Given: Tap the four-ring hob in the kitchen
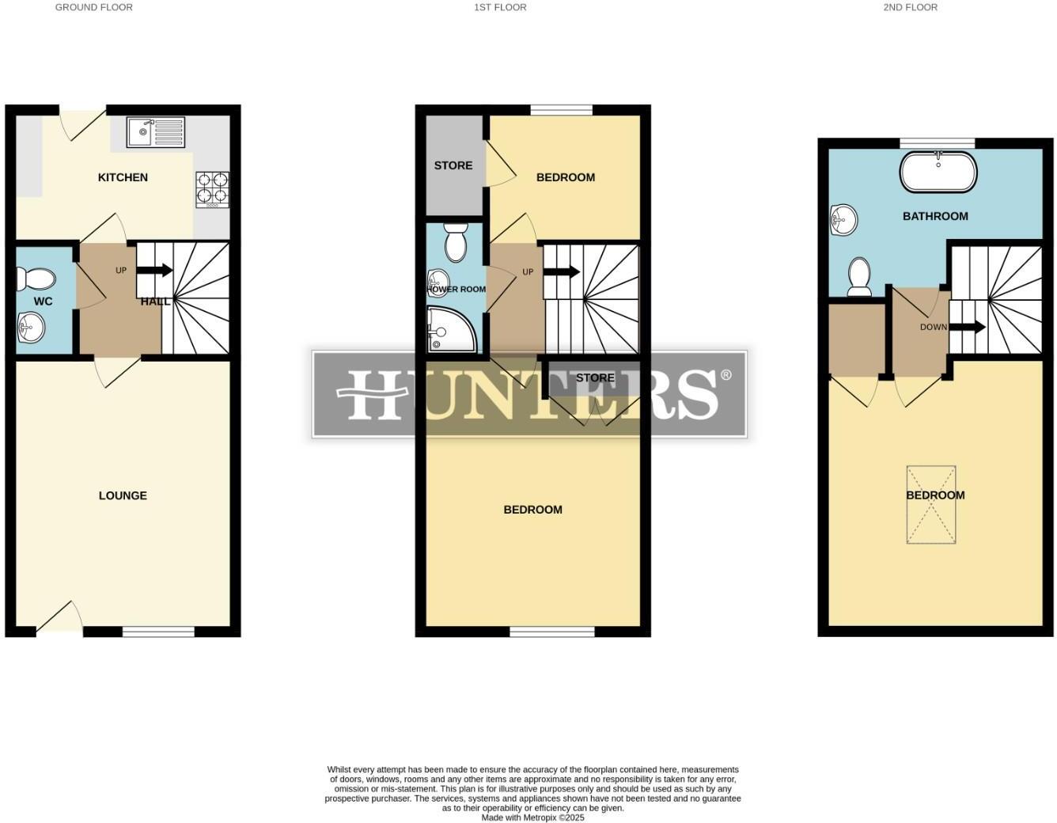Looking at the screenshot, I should pyautogui.click(x=212, y=189).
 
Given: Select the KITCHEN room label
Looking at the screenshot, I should pyautogui.click(x=123, y=177).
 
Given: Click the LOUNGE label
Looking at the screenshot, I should pyautogui.click(x=123, y=495).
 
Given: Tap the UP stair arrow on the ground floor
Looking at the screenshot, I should pyautogui.click(x=155, y=270).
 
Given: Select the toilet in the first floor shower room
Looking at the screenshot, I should pyautogui.click(x=456, y=241).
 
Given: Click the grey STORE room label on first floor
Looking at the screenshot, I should pyautogui.click(x=453, y=165).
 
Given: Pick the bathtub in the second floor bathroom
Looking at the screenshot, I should pyautogui.click(x=938, y=172).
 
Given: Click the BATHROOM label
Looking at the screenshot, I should pyautogui.click(x=935, y=216).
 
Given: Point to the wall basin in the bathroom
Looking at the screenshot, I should pyautogui.click(x=843, y=219).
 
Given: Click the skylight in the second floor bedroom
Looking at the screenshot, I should pyautogui.click(x=931, y=504).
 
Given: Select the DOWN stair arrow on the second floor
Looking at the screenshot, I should pyautogui.click(x=967, y=327).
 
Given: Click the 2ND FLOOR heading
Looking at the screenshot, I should pyautogui.click(x=910, y=7).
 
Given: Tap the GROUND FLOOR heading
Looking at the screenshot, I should pyautogui.click(x=93, y=7).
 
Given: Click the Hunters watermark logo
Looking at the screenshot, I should pyautogui.click(x=529, y=394).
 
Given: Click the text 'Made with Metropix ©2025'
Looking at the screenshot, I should pyautogui.click(x=532, y=817).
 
